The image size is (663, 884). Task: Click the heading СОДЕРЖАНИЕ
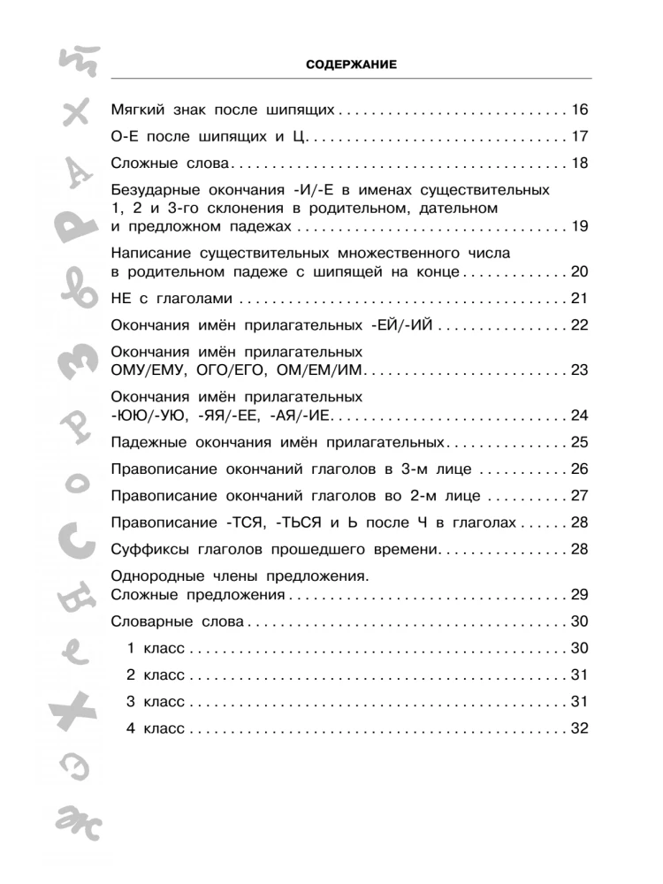(351, 65)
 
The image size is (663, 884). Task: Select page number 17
(579, 137)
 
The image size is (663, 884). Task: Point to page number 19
(579, 227)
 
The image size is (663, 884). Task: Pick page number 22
(579, 324)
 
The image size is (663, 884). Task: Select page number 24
(579, 415)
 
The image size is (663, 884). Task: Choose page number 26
(579, 469)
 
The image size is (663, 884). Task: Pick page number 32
(579, 729)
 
